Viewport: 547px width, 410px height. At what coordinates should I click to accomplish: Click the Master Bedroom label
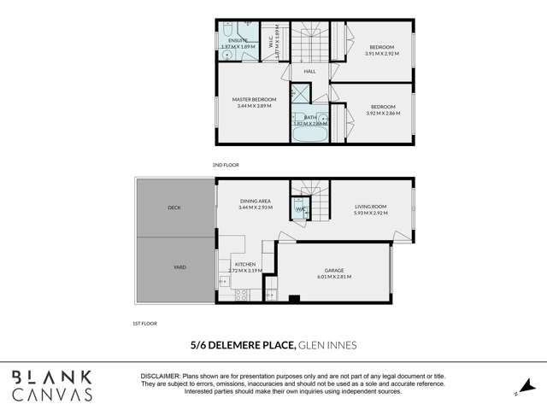pyautogui.click(x=253, y=99)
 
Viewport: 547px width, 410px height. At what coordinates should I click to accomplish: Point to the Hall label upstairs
pyautogui.click(x=309, y=71)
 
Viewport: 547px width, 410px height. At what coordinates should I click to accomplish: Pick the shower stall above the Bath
pyautogui.click(x=301, y=94)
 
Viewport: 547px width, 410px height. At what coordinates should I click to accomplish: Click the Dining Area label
pyautogui.click(x=255, y=202)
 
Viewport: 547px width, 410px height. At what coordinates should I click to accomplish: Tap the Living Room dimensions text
pyautogui.click(x=371, y=211)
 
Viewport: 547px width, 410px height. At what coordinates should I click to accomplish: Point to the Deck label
pyautogui.click(x=174, y=207)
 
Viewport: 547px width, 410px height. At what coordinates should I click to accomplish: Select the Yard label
pyautogui.click(x=179, y=267)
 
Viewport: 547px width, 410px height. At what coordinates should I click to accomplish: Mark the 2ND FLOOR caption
pyautogui.click(x=226, y=164)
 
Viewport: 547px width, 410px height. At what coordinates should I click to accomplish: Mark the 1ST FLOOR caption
pyautogui.click(x=143, y=324)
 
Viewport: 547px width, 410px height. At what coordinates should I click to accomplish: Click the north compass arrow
pyautogui.click(x=526, y=386)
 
